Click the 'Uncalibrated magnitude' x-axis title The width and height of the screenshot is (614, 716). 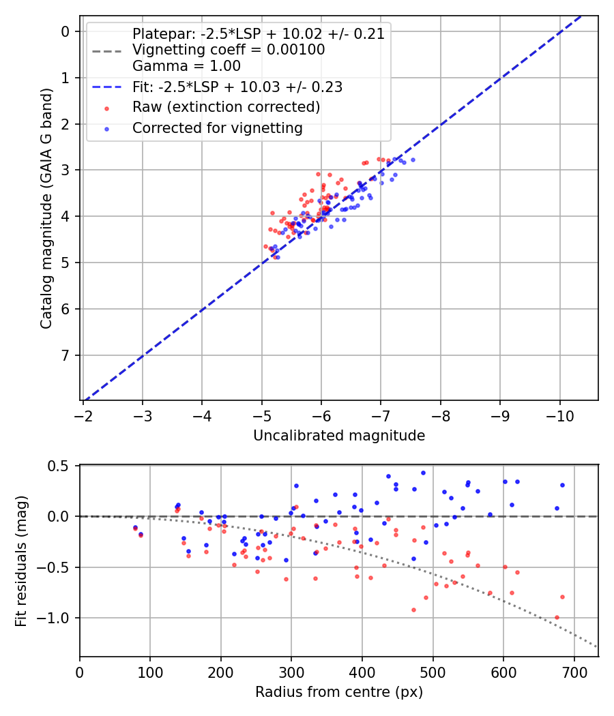[x=339, y=436]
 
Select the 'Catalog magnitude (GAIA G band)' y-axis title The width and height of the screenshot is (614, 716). [x=46, y=208]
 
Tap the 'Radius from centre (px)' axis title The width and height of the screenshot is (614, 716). [x=339, y=692]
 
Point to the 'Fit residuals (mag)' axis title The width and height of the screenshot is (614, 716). [x=20, y=561]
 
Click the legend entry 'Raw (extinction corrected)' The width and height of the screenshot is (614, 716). [x=226, y=107]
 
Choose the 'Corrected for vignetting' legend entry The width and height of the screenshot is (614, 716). [x=218, y=128]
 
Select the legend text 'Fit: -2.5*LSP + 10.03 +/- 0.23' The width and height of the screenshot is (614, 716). [x=237, y=87]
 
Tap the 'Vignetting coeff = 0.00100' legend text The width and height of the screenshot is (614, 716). [x=229, y=50]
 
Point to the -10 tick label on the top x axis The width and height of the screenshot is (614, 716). [x=560, y=415]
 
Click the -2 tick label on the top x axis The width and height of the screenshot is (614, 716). [x=83, y=415]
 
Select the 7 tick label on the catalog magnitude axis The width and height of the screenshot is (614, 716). [x=65, y=355]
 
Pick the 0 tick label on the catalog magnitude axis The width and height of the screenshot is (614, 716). [x=65, y=31]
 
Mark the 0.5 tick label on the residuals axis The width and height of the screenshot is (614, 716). [x=61, y=466]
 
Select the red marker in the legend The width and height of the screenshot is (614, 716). [x=106, y=108]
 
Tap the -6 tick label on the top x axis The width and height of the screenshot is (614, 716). [x=321, y=415]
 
